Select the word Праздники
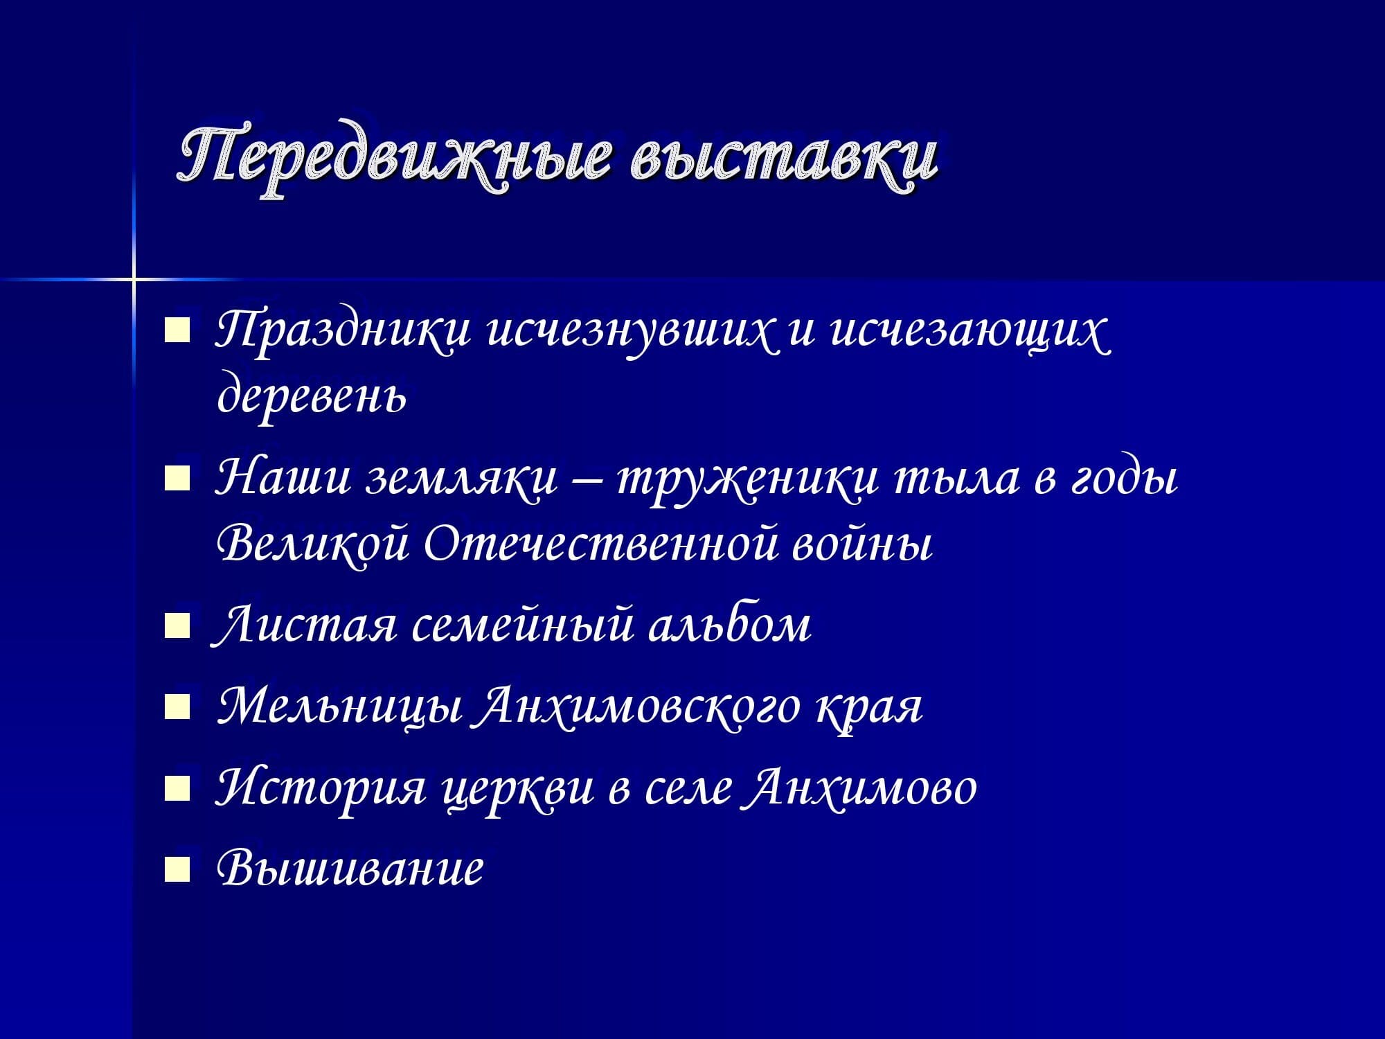pyautogui.click(x=343, y=332)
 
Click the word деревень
pyautogui.click(x=312, y=395)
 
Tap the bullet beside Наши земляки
pyautogui.click(x=177, y=479)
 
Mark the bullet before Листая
pyautogui.click(x=177, y=628)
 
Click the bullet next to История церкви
pyautogui.click(x=177, y=788)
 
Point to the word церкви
pyautogui.click(x=519, y=790)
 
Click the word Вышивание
pyautogui.click(x=350, y=867)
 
